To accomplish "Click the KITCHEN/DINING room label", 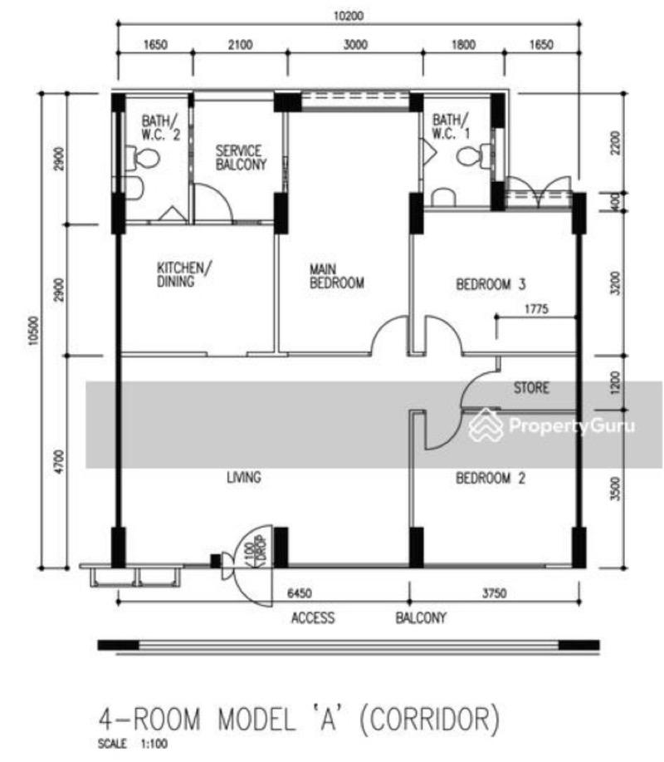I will [x=185, y=274].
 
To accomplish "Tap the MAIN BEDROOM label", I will [x=337, y=277].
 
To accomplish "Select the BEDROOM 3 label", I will [x=491, y=284].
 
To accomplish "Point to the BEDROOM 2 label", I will [x=491, y=478].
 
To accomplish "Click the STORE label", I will [x=531, y=388].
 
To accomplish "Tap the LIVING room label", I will [x=244, y=477].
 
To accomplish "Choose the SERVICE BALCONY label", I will [x=240, y=158].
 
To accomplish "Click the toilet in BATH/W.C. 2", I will [x=146, y=157].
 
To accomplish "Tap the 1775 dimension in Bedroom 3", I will [x=538, y=309].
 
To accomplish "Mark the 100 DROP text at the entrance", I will [x=250, y=553].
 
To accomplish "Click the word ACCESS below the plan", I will [x=313, y=617].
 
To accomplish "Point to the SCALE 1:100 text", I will [x=134, y=745].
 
